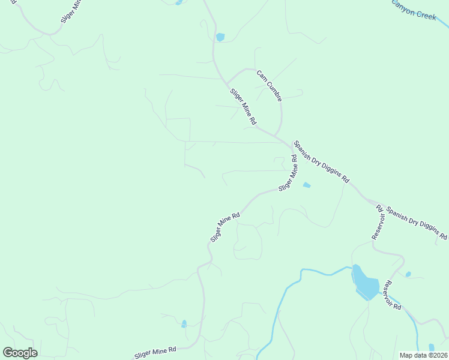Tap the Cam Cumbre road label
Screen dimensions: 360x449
(x=269, y=85)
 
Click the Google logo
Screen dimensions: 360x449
(x=20, y=353)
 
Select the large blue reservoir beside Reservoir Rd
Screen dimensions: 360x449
(x=366, y=282)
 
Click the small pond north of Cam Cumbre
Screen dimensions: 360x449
(x=220, y=37)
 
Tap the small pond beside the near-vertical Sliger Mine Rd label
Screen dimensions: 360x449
(x=307, y=185)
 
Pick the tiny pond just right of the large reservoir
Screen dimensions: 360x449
(x=408, y=274)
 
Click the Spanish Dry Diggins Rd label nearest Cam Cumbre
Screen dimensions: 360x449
(x=321, y=162)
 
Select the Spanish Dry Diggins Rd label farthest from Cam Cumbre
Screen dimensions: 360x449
(x=417, y=223)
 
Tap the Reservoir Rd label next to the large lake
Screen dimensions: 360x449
(x=393, y=295)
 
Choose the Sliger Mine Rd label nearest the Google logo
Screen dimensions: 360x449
(x=155, y=352)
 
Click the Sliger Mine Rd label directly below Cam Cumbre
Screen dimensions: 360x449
(x=243, y=107)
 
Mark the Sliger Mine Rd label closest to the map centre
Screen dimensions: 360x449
(x=225, y=227)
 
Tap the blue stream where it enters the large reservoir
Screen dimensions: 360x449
(x=352, y=267)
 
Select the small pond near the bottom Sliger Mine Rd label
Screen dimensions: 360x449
(x=184, y=324)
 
